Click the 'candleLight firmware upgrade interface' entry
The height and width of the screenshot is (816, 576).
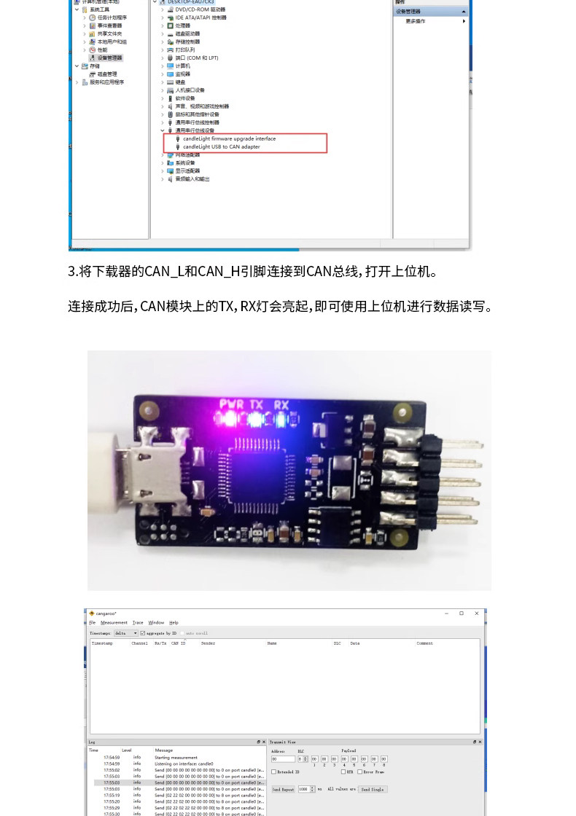pyautogui.click(x=229, y=138)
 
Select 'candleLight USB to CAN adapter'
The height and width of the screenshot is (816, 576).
pyautogui.click(x=221, y=146)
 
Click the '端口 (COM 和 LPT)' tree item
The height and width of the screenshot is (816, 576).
pyautogui.click(x=196, y=58)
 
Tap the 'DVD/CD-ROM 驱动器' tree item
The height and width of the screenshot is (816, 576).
pyautogui.click(x=200, y=9)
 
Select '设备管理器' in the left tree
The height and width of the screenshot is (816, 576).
pyautogui.click(x=110, y=58)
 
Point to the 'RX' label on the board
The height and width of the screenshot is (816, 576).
pyautogui.click(x=281, y=404)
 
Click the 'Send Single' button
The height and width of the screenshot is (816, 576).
pyautogui.click(x=372, y=789)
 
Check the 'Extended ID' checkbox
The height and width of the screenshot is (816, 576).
pyautogui.click(x=274, y=772)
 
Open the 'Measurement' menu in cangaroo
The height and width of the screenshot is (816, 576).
pyautogui.click(x=114, y=623)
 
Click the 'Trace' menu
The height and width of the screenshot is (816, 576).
pyautogui.click(x=138, y=623)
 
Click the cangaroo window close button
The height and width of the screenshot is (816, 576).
pyautogui.click(x=477, y=613)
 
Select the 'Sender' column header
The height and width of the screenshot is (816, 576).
pyautogui.click(x=208, y=643)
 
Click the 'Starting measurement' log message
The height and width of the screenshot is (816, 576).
pyautogui.click(x=176, y=757)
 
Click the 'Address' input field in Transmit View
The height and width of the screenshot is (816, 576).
pyautogui.click(x=283, y=758)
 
